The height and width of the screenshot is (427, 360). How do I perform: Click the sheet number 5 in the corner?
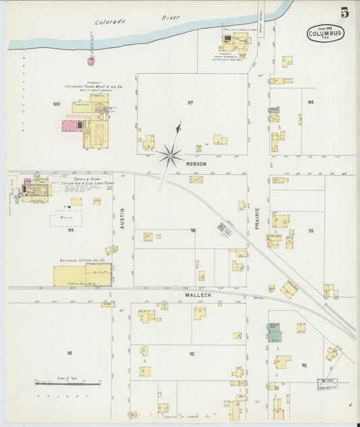click(x=344, y=12)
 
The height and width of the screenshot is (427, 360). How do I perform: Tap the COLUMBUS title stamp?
click(x=325, y=34)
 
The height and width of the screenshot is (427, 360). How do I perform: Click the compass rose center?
click(x=170, y=156)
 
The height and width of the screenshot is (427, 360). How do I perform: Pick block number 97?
click(x=190, y=102)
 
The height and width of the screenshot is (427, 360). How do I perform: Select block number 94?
click(x=311, y=102)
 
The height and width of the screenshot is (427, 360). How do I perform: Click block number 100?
click(x=56, y=104)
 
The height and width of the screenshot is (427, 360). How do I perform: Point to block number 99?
click(x=70, y=230)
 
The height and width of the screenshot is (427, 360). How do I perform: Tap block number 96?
click(x=193, y=230)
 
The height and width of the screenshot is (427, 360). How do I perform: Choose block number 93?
click(x=311, y=230)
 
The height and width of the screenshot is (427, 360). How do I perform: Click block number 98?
click(x=69, y=353)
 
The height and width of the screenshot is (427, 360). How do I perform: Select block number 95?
click(x=192, y=354)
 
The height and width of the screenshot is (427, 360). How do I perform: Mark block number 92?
click(x=305, y=365)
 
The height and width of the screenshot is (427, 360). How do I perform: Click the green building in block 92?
click(x=274, y=333)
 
